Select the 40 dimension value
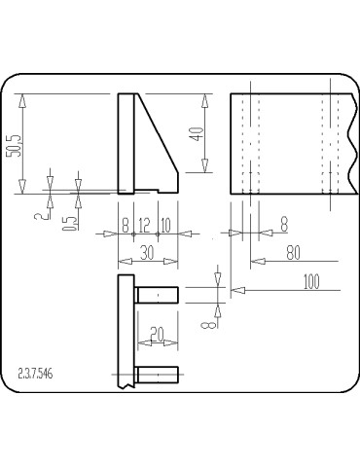click(x=198, y=134)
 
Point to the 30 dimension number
click(x=146, y=252)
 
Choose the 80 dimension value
click(x=293, y=253)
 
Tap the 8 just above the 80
click(x=284, y=224)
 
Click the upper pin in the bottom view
click(x=157, y=294)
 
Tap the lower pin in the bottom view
click(x=157, y=373)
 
